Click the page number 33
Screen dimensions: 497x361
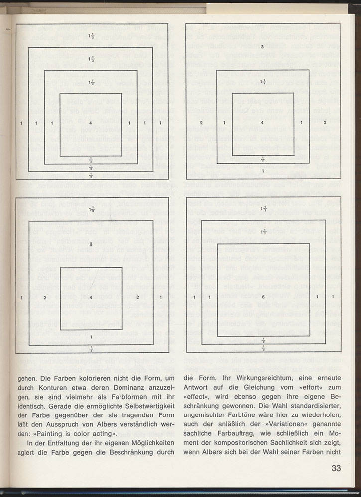[x=336, y=468]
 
